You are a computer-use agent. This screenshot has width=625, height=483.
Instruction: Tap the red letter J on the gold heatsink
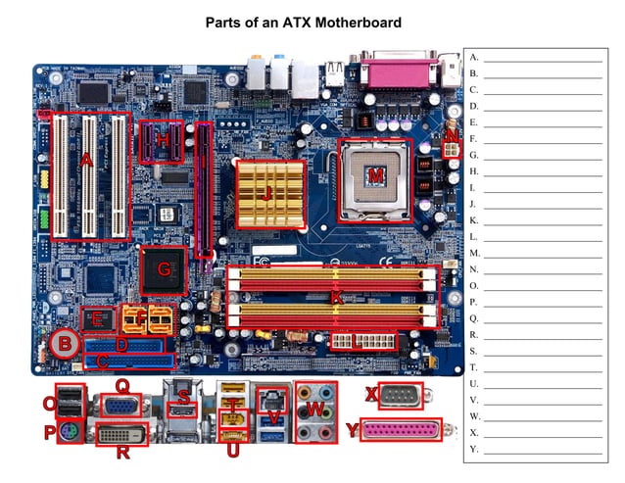pos(266,194)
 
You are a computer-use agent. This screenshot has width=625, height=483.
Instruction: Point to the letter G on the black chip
pos(165,266)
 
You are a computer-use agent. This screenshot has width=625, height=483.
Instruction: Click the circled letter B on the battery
pos(65,343)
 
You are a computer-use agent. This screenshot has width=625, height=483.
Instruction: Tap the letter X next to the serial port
pos(370,394)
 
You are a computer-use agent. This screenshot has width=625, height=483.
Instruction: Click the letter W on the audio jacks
pos(315,406)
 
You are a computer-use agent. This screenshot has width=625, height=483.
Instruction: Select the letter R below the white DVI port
pos(122,452)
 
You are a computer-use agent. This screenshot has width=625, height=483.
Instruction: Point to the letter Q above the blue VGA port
pos(122,385)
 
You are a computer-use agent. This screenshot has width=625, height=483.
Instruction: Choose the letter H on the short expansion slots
pos(163,141)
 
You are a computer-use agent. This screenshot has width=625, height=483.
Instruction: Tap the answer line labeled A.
pos(542,57)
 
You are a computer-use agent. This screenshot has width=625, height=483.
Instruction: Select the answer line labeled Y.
pos(542,449)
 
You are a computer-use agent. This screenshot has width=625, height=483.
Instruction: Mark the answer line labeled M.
pos(542,253)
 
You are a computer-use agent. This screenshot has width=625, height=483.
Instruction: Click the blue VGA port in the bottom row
pos(120,408)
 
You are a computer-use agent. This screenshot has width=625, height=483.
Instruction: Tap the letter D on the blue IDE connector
pos(121,345)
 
